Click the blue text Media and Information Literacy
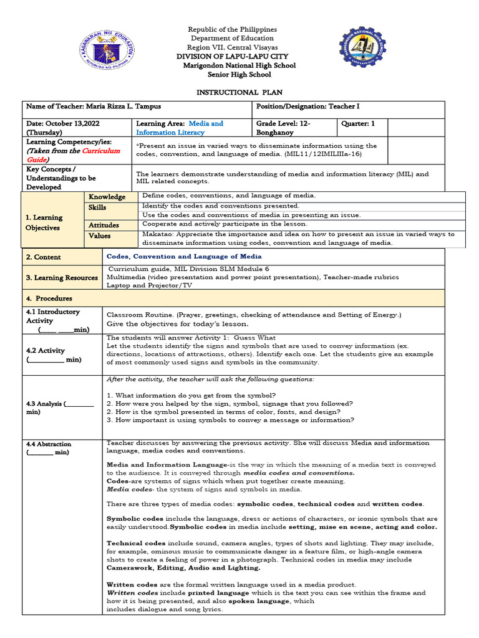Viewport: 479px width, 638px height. (179, 128)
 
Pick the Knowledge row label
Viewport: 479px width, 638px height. (107, 197)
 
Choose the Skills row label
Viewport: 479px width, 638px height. (97, 207)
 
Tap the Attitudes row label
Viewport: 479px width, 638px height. (104, 224)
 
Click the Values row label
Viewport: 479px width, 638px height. (99, 236)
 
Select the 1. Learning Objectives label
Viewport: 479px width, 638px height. (44, 222)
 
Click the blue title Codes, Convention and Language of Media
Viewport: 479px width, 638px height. (184, 256)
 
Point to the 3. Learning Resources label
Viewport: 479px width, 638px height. (61, 278)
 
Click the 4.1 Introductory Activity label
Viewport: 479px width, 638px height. (53, 316)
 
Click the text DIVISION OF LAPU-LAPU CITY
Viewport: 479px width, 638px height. (233, 57)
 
